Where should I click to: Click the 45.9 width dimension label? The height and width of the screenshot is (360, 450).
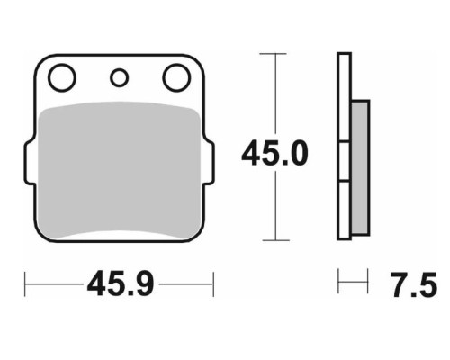point(121,283)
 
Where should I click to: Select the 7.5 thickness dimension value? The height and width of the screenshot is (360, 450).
point(414,285)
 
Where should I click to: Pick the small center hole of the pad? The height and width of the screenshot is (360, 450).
point(119,77)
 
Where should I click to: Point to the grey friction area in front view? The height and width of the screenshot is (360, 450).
point(120,170)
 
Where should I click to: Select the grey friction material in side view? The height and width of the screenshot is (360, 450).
point(360,168)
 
